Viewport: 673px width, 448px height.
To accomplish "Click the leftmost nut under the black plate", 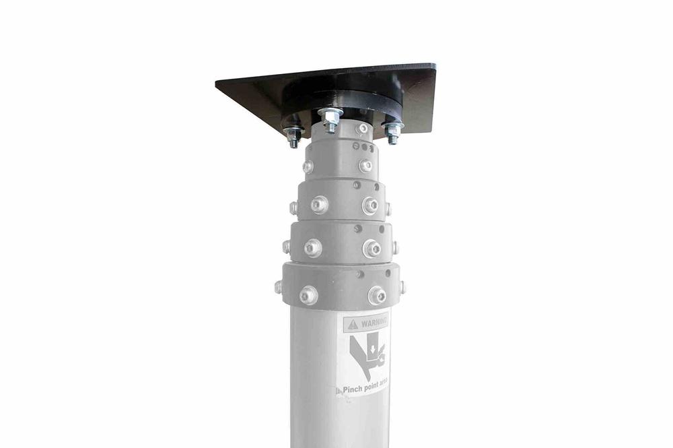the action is [293, 137].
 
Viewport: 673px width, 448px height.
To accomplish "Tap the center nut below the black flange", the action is [330, 120].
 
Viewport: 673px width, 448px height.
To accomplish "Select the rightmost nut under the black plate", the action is [393, 133].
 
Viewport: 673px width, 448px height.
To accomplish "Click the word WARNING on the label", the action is [374, 322].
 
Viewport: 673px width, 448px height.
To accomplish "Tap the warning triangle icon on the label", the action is [353, 324].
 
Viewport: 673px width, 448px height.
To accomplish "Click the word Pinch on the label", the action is [351, 389].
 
